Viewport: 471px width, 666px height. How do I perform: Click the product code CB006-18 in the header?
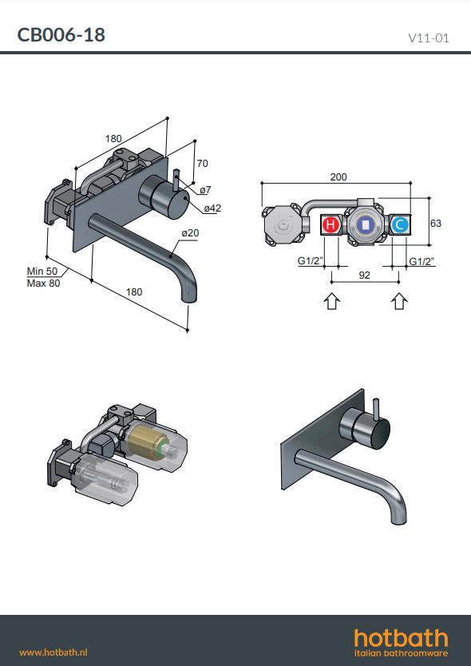(x=61, y=35)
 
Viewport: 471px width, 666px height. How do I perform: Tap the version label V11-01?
(x=428, y=38)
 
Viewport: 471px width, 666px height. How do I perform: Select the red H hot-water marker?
(x=330, y=224)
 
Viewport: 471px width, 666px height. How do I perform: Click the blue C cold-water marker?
(x=399, y=224)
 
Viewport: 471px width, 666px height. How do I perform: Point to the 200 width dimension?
(x=338, y=176)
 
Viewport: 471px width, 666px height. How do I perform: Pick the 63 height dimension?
(x=436, y=223)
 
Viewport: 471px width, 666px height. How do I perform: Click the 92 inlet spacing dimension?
(x=364, y=276)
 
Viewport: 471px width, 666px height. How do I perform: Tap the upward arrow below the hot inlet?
(x=332, y=301)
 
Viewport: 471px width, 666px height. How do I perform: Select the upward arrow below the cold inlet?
(x=398, y=301)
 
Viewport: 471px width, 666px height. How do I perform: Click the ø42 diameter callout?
(x=212, y=208)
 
